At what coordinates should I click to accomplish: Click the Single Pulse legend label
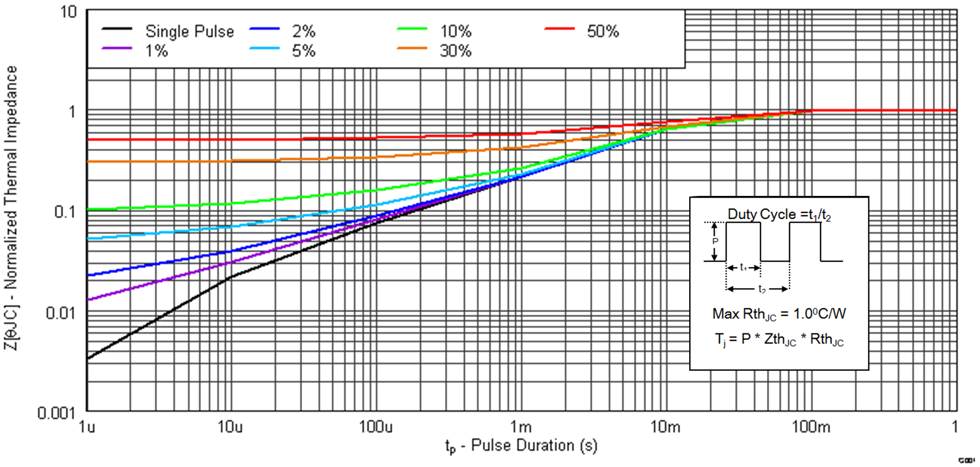190,31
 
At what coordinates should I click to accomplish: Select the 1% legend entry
157,51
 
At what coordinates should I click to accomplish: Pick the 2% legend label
303,31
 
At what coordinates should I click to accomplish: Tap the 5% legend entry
303,51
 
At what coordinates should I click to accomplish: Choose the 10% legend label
455,31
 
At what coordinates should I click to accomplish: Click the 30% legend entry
455,51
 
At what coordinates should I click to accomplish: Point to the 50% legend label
603,31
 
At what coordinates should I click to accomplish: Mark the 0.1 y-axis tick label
65,212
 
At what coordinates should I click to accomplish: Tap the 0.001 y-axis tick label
56,413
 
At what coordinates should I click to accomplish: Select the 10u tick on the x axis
230,427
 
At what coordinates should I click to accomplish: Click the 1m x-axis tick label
521,427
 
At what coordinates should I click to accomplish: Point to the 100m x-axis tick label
811,427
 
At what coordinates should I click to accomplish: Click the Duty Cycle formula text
779,214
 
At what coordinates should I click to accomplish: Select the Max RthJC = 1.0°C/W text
779,314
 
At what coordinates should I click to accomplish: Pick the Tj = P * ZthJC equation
779,339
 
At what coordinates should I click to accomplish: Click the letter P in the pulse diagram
715,241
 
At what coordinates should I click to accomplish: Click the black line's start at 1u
88,359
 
